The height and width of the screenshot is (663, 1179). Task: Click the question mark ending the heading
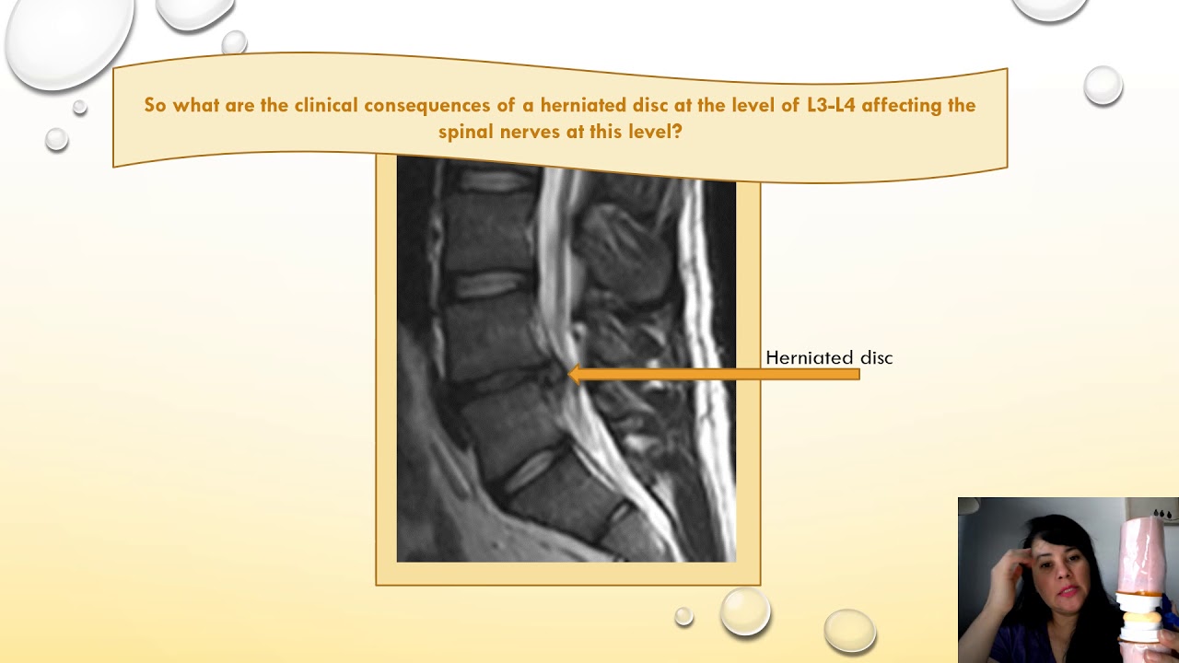(x=678, y=132)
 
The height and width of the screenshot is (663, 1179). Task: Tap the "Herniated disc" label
(x=829, y=358)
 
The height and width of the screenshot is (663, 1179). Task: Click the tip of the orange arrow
(x=571, y=374)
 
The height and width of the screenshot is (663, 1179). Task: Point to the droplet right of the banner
(x=1103, y=86)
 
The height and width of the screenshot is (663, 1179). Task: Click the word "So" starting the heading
(x=155, y=105)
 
